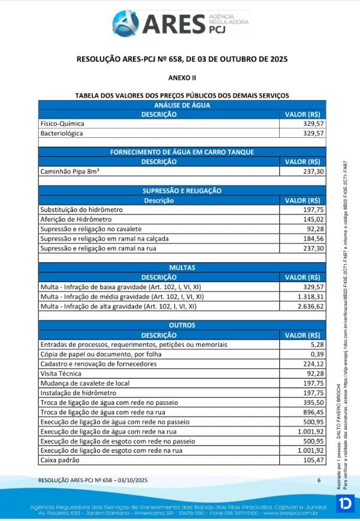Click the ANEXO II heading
coord(182,78)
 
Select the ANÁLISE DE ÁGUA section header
coord(182,105)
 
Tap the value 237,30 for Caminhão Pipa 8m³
coord(313,171)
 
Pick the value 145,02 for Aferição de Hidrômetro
coord(313,219)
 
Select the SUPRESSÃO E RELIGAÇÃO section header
coord(182,190)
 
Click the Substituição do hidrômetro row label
coord(81,210)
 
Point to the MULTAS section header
coord(182,268)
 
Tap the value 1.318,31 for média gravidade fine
coord(310,296)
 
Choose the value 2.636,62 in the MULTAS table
coord(310,306)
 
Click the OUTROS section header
coord(182,325)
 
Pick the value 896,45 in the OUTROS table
coord(313,412)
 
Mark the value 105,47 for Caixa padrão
coord(313,460)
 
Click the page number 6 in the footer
coord(319,480)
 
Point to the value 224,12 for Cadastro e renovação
coord(313,364)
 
